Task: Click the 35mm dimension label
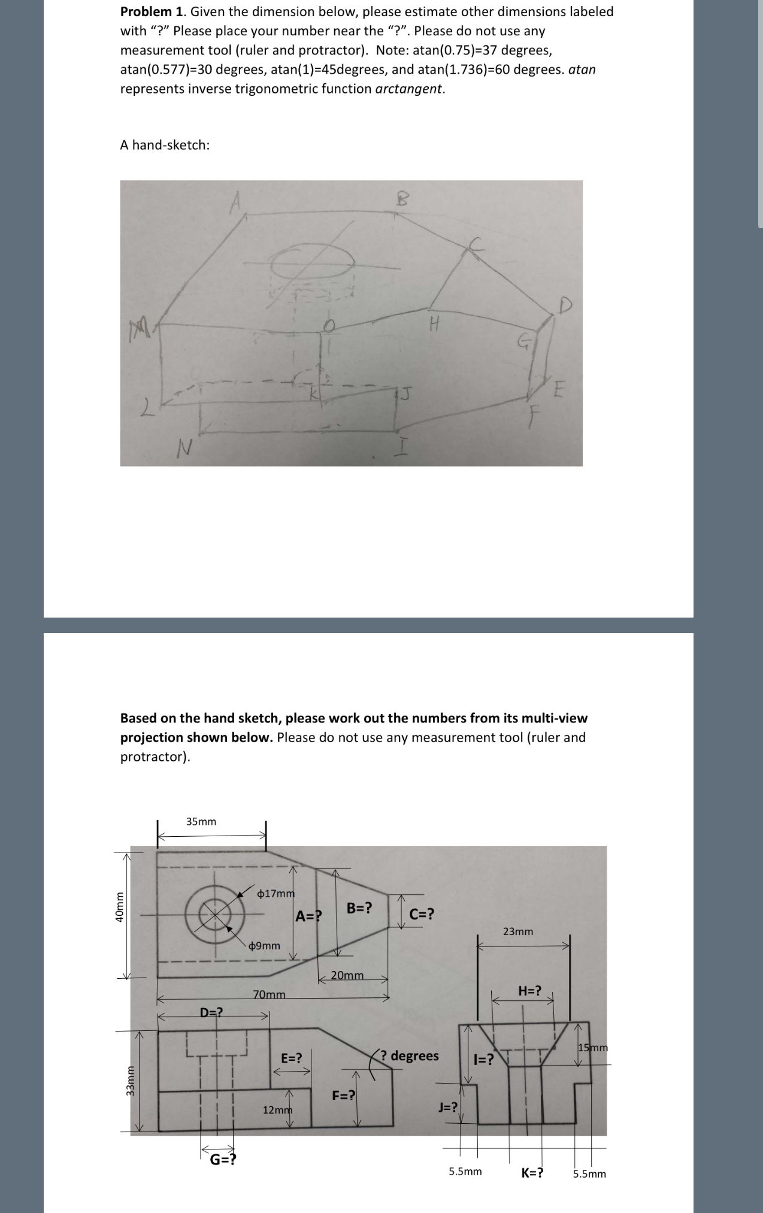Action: [201, 821]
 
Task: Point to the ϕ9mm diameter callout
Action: [264, 946]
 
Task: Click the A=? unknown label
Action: [308, 916]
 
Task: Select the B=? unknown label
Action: [359, 908]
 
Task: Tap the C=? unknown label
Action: [422, 914]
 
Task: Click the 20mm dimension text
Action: [347, 975]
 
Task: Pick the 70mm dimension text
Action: [270, 995]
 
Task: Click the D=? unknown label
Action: [211, 1012]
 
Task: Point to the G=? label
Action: [223, 1158]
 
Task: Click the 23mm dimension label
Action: [518, 931]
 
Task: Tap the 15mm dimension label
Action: [593, 1048]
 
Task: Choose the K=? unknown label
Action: [532, 1173]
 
